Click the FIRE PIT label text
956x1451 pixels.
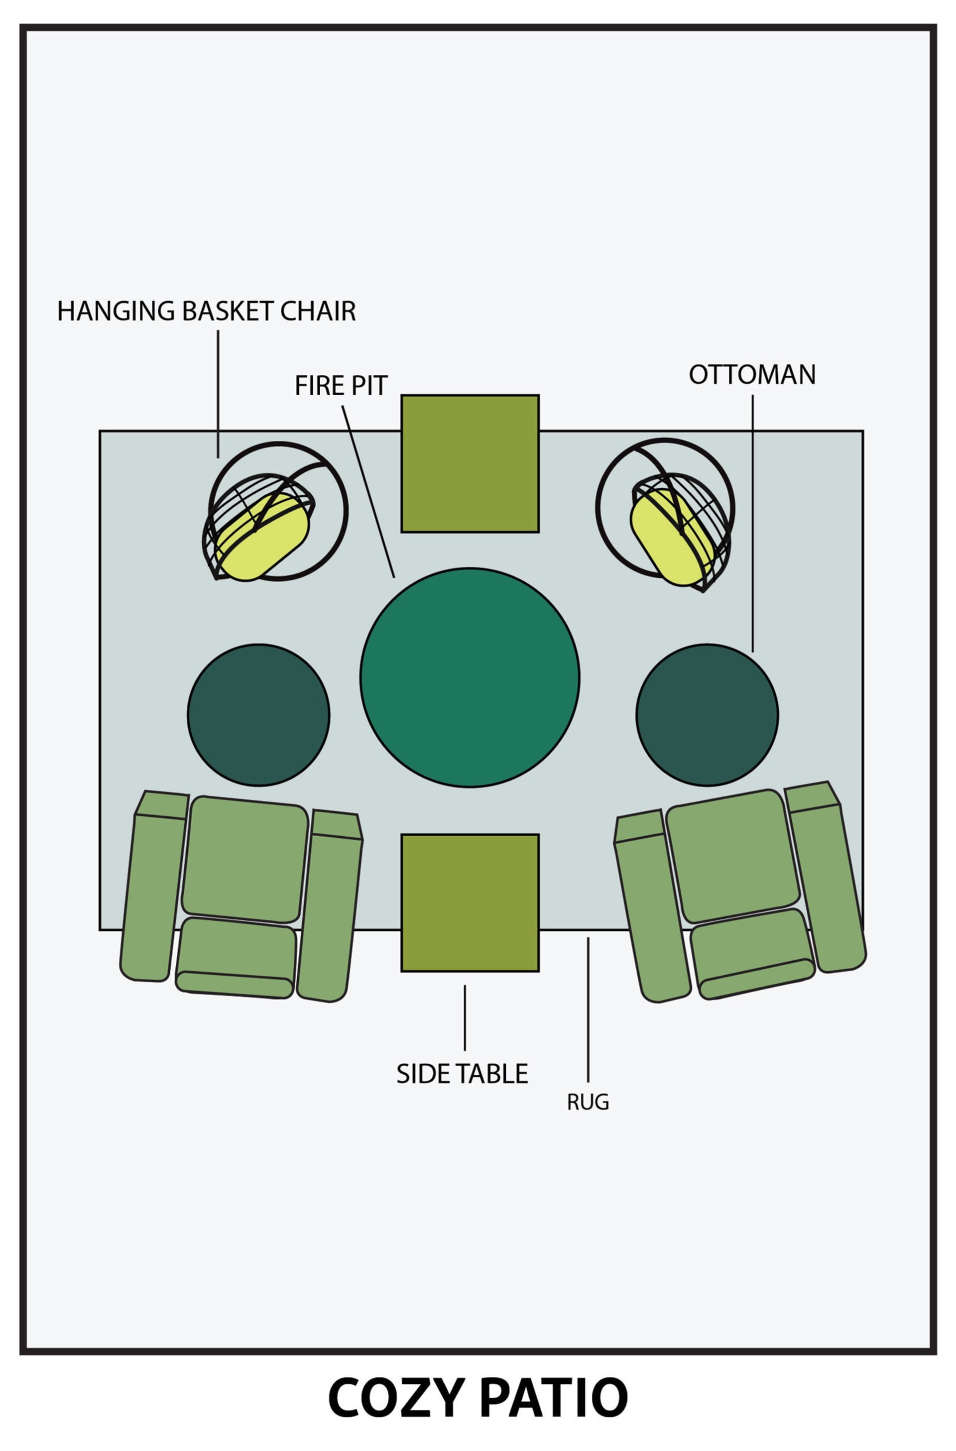(x=341, y=386)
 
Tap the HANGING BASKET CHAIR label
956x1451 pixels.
(x=206, y=312)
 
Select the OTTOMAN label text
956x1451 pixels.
(x=752, y=375)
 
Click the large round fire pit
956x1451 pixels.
(x=470, y=677)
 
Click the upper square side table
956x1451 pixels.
(x=470, y=463)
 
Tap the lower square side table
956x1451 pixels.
(x=470, y=902)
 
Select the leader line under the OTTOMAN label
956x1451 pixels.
(x=752, y=524)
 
